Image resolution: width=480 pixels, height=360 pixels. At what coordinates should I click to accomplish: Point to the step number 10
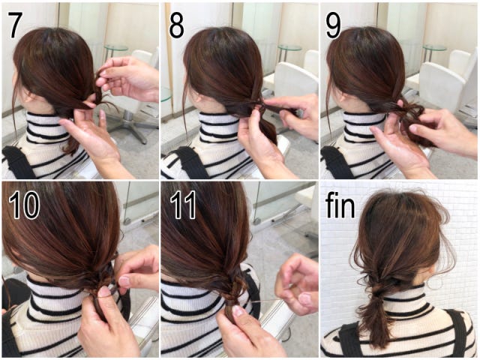click(x=24, y=205)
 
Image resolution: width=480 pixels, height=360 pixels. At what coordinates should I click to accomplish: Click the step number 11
click(x=183, y=205)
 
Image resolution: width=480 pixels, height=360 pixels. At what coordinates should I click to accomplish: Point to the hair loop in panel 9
click(x=412, y=109)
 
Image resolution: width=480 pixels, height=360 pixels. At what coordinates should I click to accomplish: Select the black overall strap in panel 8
click(x=190, y=163)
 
